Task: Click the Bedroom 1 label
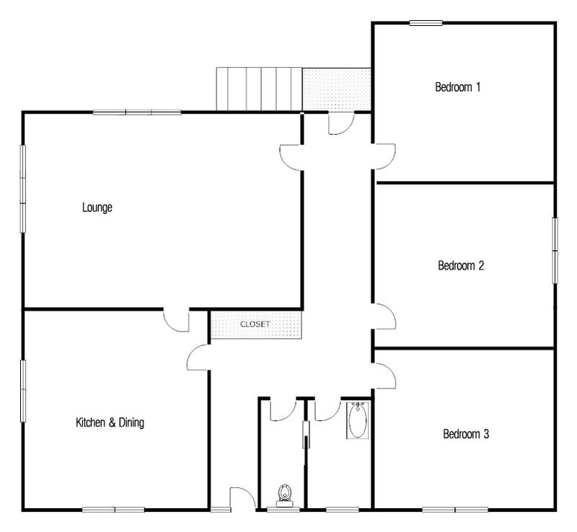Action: pos(457,87)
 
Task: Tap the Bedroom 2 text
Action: pos(461,265)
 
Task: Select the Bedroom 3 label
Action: pos(466,434)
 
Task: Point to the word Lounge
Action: pos(97,208)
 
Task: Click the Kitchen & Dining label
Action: pos(110,422)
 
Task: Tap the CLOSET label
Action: pos(255,324)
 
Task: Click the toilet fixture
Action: pos(284,495)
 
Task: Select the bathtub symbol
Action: pos(358,420)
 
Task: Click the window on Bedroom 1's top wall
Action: pos(426,23)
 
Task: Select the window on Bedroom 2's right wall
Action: pos(555,251)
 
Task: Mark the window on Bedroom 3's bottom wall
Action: pos(455,510)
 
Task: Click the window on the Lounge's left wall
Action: pos(23,189)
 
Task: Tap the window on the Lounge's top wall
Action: pos(137,112)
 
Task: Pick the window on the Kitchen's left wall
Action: pos(23,391)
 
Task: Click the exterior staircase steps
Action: pos(259,89)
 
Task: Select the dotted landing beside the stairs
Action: pos(336,89)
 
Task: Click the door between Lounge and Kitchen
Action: pos(176,321)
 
